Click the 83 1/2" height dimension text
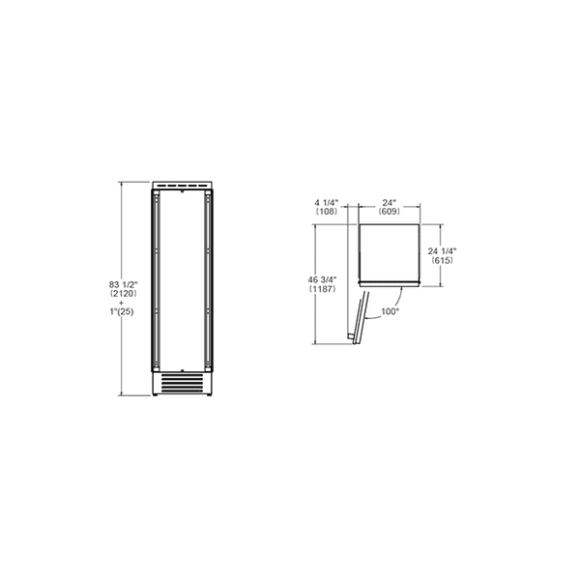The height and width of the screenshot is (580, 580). pos(125,283)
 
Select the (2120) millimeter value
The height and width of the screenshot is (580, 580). pos(125,294)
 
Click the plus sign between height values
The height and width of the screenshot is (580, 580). pos(125,304)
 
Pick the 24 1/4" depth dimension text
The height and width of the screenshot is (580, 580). pos(442,250)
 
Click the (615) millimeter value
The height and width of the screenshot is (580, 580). pos(442,261)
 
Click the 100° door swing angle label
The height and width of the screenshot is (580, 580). pos(389,311)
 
